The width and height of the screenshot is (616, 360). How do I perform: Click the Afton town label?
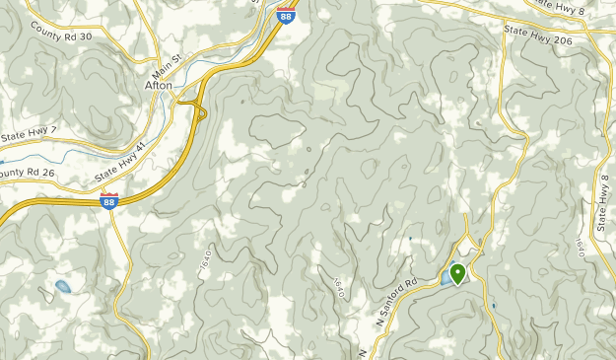coord(158,86)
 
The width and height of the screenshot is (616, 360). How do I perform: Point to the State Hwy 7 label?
coord(30,133)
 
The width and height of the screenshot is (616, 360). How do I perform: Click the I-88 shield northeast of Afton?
coord(285,15)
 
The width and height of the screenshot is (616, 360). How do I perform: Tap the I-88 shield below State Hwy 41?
coord(108,200)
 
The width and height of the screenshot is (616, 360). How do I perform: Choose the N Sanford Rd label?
coord(395,300)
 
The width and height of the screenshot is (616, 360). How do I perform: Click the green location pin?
coord(457,272)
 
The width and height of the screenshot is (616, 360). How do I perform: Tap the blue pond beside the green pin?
coord(446,280)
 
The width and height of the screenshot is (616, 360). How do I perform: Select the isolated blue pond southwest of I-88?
coord(62,287)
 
